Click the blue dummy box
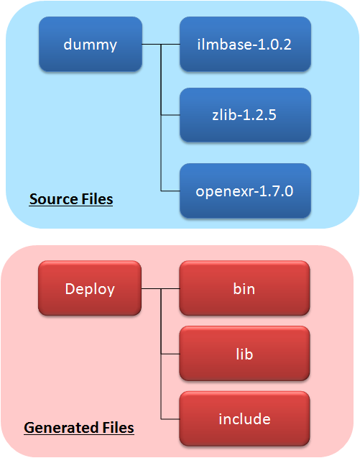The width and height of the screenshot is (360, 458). pyautogui.click(x=91, y=44)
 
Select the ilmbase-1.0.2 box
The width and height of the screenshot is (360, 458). pyautogui.click(x=245, y=44)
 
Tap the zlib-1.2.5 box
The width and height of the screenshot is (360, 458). pyautogui.click(x=245, y=115)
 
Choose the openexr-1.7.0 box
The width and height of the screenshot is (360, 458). pyautogui.click(x=245, y=191)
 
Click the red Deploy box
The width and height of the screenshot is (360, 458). pyautogui.click(x=90, y=288)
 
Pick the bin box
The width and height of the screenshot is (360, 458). pyautogui.click(x=244, y=288)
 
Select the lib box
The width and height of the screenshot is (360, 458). pyautogui.click(x=244, y=354)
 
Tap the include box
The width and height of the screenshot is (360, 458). pyautogui.click(x=244, y=419)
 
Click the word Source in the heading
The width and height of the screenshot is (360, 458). pyautogui.click(x=54, y=199)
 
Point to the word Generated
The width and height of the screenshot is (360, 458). pyautogui.click(x=61, y=428)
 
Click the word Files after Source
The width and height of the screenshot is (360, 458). pyautogui.click(x=97, y=199)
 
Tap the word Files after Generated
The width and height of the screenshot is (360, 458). pyautogui.click(x=118, y=428)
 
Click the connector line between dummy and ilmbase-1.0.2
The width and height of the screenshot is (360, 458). pyautogui.click(x=161, y=45)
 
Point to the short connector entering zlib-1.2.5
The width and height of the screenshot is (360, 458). pyautogui.click(x=170, y=115)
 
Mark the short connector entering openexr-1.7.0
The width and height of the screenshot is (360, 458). pyautogui.click(x=170, y=191)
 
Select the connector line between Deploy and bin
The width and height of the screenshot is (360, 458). pyautogui.click(x=160, y=288)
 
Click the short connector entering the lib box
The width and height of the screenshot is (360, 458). pyautogui.click(x=170, y=354)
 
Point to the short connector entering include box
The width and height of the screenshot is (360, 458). pyautogui.click(x=170, y=419)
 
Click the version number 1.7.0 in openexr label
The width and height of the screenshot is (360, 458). pyautogui.click(x=276, y=191)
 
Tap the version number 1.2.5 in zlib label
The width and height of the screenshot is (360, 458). pyautogui.click(x=259, y=115)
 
